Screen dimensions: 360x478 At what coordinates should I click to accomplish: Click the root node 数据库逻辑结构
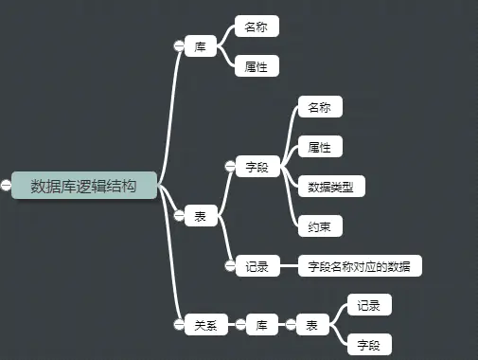83,186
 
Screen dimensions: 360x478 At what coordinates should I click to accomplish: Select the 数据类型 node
330,187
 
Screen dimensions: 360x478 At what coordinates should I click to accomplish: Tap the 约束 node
319,226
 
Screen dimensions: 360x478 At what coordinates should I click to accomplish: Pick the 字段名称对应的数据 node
360,266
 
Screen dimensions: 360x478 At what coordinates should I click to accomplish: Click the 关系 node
205,325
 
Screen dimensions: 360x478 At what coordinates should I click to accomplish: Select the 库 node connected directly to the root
201,46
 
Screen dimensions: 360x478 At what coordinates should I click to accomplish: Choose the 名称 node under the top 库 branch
257,27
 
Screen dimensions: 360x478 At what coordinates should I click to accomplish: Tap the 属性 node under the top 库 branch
257,66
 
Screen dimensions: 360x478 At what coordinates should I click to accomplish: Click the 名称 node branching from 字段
319,107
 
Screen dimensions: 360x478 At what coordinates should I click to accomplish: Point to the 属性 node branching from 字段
319,147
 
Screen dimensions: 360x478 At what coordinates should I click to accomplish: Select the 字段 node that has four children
257,167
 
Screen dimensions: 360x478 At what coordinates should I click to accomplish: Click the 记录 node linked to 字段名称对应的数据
257,266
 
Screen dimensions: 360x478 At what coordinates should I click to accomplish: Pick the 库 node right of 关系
262,325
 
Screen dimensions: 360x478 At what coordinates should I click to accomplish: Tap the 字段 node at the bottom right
368,345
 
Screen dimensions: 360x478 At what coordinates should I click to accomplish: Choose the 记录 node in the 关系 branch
368,305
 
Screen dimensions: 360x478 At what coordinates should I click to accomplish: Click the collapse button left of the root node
7,186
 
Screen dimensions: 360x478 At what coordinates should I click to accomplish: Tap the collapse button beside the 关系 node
178,325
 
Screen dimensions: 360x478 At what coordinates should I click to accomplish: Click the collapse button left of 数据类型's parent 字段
229,167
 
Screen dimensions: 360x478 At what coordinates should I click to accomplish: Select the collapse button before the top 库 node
178,46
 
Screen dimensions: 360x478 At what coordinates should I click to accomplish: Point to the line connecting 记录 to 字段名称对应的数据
288,266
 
